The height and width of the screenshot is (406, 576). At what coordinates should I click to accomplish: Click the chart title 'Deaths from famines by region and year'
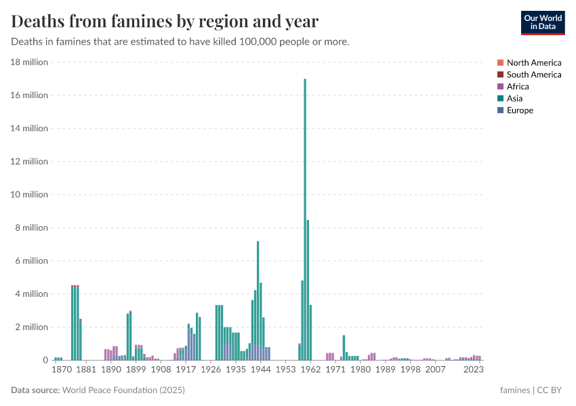point(165,22)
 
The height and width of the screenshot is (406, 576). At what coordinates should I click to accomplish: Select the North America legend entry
point(533,63)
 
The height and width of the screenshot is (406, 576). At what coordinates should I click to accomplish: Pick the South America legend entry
point(533,74)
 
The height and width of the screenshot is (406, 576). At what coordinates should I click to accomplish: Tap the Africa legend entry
point(517,87)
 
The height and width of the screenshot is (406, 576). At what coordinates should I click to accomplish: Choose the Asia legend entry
point(514,98)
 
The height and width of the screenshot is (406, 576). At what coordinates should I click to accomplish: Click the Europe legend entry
point(519,110)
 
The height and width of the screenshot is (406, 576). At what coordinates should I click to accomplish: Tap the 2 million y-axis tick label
point(30,328)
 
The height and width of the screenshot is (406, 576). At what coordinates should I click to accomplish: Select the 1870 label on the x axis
point(62,370)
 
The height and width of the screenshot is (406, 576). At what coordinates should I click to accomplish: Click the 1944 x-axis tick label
point(261,370)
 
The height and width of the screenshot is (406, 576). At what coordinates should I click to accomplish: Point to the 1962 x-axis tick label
point(311,370)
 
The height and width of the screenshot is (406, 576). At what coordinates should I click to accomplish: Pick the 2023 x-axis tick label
point(474,370)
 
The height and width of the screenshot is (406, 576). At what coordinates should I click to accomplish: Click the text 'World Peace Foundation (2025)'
point(124,390)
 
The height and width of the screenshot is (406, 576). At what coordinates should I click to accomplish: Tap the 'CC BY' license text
point(551,390)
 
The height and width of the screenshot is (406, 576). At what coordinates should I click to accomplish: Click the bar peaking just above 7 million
point(258,298)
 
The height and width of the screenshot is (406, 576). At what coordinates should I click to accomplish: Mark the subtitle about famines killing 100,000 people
point(180,42)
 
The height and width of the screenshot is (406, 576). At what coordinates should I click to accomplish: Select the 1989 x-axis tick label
point(386,370)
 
